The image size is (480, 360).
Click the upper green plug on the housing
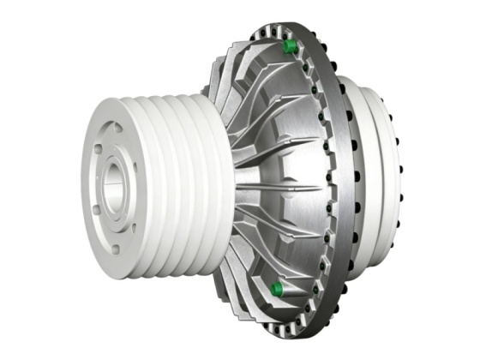click(289, 45)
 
